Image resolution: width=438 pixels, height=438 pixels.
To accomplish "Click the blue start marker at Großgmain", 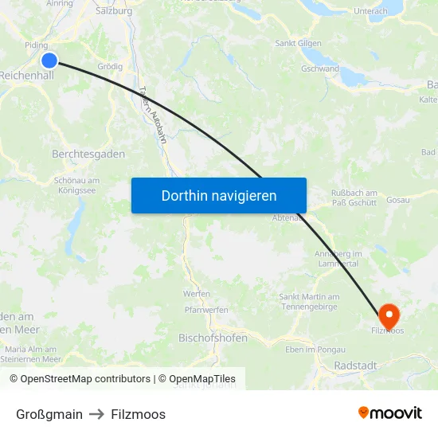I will pos(49,60).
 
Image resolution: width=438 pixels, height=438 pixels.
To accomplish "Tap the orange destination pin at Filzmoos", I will pos(389,314).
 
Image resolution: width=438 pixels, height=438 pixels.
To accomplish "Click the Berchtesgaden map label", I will pos(88,154).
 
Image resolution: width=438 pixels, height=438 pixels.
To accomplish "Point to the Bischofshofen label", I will pos(213,338).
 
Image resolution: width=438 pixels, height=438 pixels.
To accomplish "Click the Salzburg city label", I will pos(113,11).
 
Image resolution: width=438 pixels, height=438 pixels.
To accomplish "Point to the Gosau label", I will pos(398,199).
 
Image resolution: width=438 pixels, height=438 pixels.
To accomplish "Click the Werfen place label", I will pos(196,294).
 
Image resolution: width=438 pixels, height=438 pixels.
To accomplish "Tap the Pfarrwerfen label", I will pos(206,310).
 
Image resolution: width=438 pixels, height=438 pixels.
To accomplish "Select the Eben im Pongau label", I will pos(315,350).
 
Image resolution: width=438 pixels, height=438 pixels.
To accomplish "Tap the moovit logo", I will pos(389,413).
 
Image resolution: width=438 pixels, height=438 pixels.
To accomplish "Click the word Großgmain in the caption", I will pos(49,414).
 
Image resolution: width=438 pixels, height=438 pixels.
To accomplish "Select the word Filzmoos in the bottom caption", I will pos(139,414).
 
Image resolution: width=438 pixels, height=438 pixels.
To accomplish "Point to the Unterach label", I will pos(370,11).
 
